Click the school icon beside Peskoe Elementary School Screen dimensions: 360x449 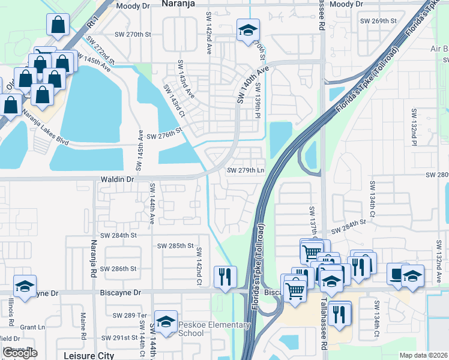[x=166, y=322]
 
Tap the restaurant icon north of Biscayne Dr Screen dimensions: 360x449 [x=224, y=277]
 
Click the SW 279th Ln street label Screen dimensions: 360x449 [x=246, y=170]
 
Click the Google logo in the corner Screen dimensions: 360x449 [x=20, y=352]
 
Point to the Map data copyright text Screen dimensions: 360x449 [x=424, y=355]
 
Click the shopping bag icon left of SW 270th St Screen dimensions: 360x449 [x=58, y=25]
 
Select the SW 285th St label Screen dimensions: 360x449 [x=175, y=246]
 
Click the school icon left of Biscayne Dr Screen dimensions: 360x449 [x=25, y=286]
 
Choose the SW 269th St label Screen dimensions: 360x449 [x=379, y=20]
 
